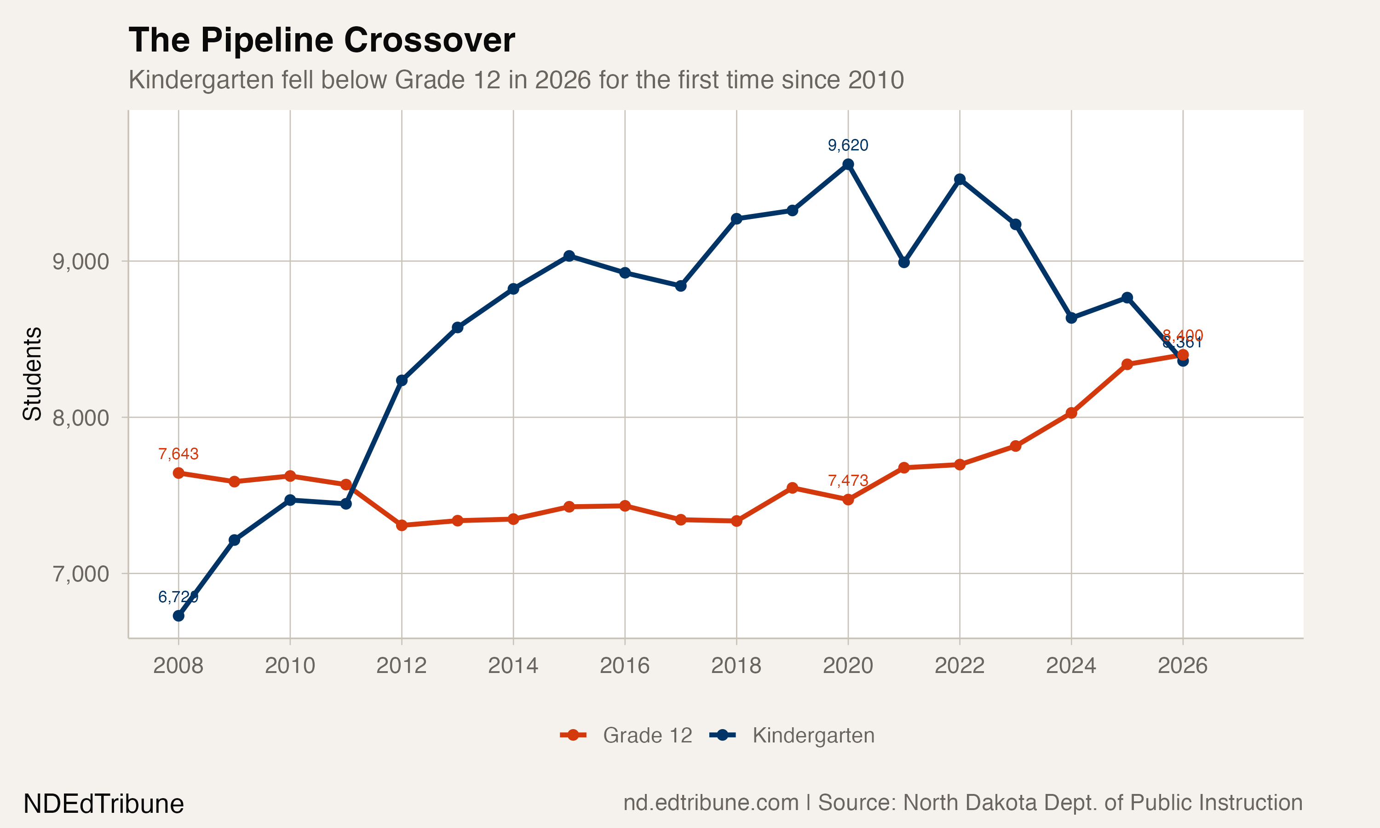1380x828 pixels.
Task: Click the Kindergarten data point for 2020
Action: pos(848,164)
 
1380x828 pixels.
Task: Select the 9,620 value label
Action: pos(848,145)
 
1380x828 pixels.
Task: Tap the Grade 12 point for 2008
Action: pos(178,473)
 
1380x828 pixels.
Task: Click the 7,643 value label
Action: pos(178,454)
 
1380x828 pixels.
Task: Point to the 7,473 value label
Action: pos(848,480)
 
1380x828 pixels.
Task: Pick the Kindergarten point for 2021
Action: pos(903,262)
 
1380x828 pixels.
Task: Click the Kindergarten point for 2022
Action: pos(960,179)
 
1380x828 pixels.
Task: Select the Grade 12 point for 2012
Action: pos(402,525)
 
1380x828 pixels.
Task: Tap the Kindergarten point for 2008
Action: pos(178,616)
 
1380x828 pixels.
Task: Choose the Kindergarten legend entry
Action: pos(792,736)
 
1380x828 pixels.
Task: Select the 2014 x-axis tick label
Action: pos(513,666)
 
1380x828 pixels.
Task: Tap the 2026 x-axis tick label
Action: pos(1183,666)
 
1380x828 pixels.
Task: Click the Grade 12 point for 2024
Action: pos(1071,413)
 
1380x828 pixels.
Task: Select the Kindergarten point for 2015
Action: pos(569,256)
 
